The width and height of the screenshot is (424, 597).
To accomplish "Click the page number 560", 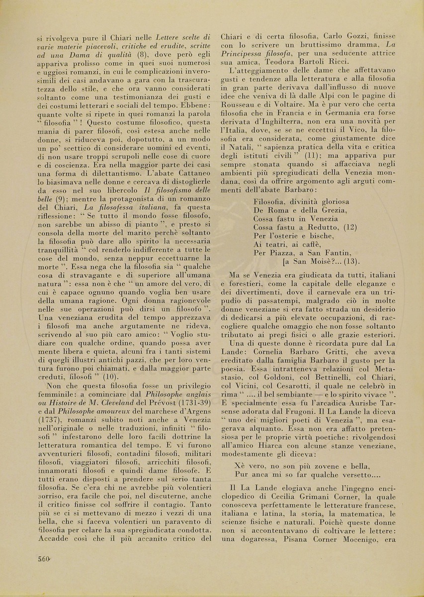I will [x=45, y=559].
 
